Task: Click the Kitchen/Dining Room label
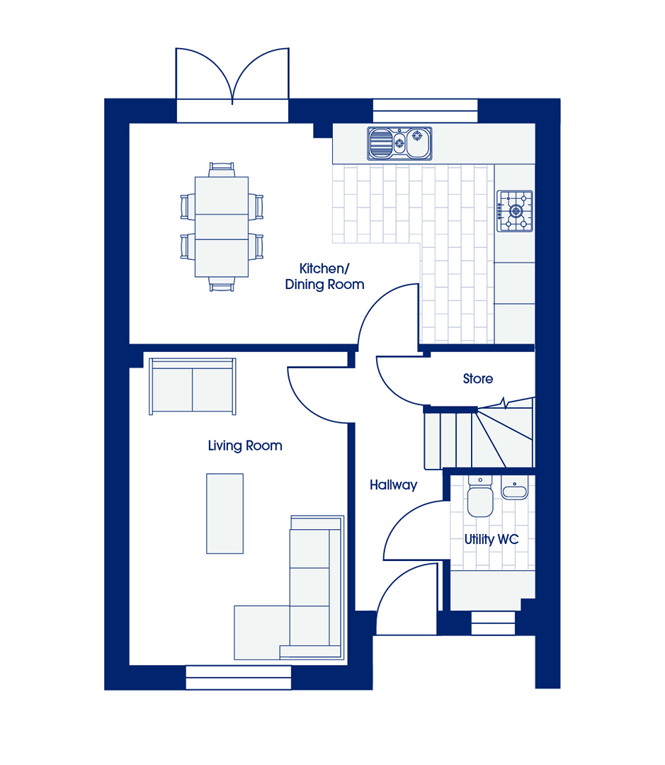[x=324, y=277]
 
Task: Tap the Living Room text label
[x=245, y=446]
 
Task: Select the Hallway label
[x=393, y=485]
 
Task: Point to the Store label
[x=477, y=378]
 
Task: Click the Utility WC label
[x=491, y=540]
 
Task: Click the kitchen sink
[x=399, y=143]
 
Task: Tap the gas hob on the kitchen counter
[x=515, y=211]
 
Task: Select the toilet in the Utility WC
[x=480, y=496]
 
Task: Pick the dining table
[x=222, y=227]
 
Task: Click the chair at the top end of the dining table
[x=222, y=169]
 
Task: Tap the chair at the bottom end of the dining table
[x=222, y=284]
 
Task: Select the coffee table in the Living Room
[x=224, y=514]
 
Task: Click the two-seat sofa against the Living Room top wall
[x=192, y=387]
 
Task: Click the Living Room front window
[x=239, y=677]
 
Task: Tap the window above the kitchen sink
[x=425, y=110]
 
